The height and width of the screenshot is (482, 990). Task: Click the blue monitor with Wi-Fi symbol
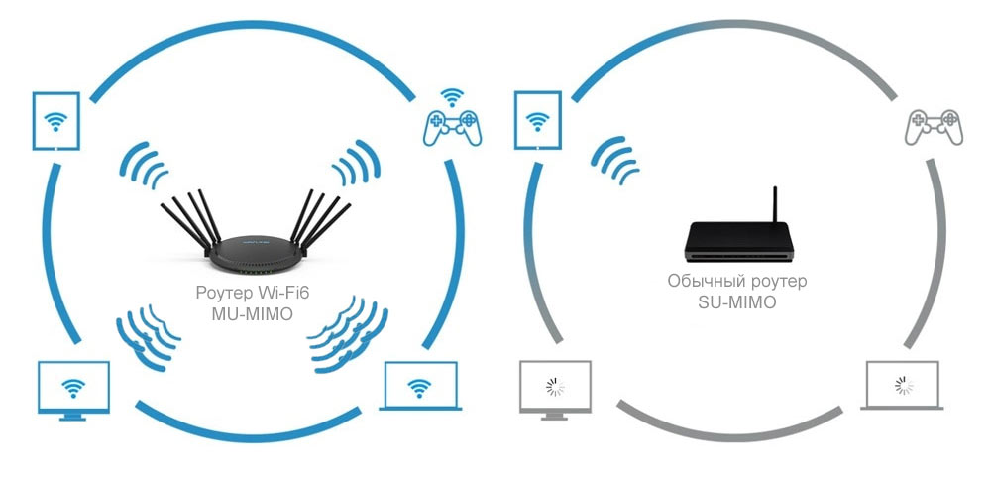click(71, 389)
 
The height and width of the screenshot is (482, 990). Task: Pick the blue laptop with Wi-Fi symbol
click(419, 387)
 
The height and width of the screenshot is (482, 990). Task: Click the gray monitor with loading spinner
click(555, 387)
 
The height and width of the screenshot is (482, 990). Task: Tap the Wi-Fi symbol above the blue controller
click(452, 97)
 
